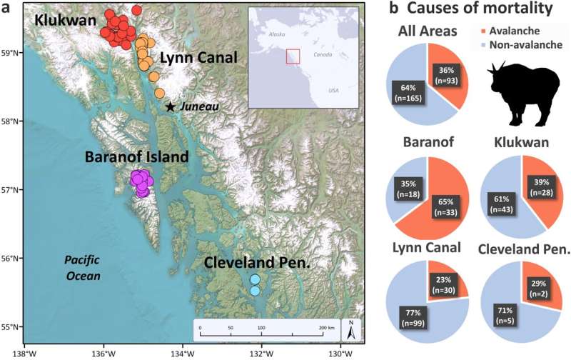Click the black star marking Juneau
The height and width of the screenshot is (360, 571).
point(170,106)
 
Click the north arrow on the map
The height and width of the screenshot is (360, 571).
point(350,329)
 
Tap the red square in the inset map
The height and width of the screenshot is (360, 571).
point(293,56)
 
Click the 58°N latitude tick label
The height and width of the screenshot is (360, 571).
point(13,121)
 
